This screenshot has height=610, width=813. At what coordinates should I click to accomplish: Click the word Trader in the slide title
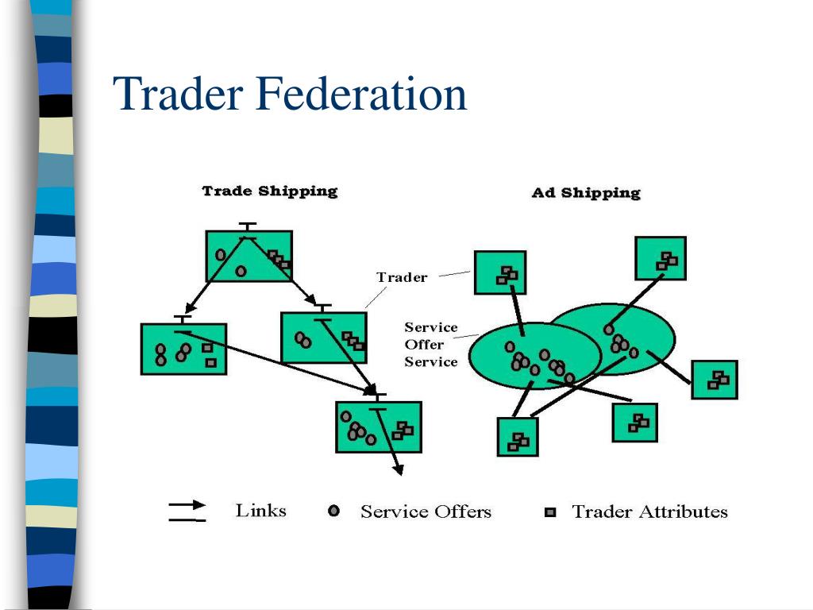(x=178, y=94)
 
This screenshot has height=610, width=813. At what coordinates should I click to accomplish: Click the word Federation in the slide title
(x=360, y=94)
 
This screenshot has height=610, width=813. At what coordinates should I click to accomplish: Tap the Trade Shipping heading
(x=269, y=191)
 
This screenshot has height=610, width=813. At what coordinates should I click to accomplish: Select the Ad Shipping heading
(x=585, y=193)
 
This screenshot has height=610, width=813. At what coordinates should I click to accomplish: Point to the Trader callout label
(x=402, y=278)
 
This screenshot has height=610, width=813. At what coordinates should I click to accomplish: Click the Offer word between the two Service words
(x=425, y=345)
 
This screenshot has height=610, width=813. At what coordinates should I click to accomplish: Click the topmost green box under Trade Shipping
(x=249, y=256)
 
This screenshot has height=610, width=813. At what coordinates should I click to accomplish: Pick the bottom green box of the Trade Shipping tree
(x=379, y=427)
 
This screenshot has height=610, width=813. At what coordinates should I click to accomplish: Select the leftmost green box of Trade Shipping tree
(x=183, y=349)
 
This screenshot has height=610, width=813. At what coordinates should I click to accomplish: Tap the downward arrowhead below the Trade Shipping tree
(x=399, y=469)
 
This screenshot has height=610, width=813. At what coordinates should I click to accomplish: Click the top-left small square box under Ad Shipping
(x=500, y=273)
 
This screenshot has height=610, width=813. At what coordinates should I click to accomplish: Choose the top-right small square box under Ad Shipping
(x=661, y=258)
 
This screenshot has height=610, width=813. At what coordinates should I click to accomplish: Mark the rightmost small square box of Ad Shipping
(x=714, y=380)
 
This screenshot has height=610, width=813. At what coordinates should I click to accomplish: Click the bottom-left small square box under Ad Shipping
(x=517, y=437)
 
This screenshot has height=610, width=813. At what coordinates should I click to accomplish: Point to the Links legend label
(x=260, y=511)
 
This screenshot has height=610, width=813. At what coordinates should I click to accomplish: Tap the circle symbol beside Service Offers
(x=334, y=512)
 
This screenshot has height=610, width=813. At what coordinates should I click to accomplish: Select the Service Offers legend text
(x=426, y=512)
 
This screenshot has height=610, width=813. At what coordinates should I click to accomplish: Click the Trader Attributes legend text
(x=649, y=512)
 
